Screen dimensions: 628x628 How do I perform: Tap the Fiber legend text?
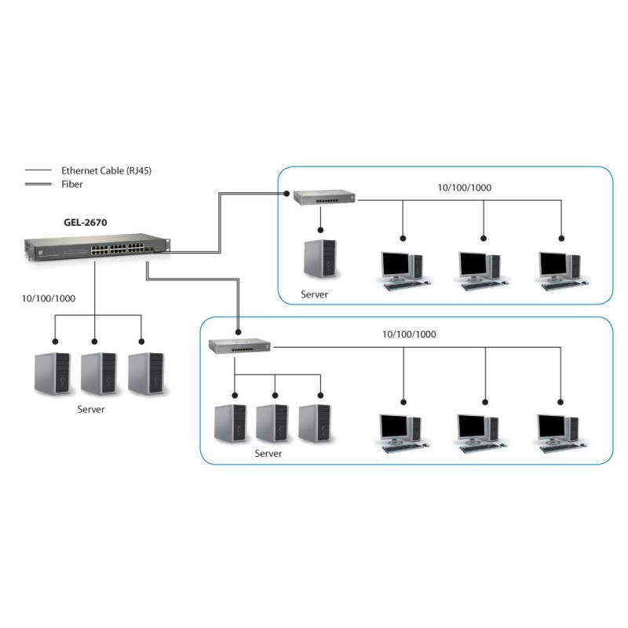(71, 184)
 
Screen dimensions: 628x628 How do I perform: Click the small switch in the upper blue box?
(323, 198)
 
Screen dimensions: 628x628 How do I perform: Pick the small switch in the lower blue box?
(239, 345)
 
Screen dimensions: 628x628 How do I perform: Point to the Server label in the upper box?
(314, 295)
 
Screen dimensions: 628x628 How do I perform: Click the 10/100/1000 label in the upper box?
(465, 188)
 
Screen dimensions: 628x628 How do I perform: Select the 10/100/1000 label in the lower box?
(409, 334)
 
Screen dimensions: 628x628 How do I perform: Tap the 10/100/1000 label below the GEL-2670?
(49, 298)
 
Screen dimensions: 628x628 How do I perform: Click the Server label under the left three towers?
(91, 410)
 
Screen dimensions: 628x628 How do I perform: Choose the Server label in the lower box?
(268, 454)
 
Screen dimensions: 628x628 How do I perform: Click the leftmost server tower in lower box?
(231, 424)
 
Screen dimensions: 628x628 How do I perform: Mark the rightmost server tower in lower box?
(316, 424)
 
